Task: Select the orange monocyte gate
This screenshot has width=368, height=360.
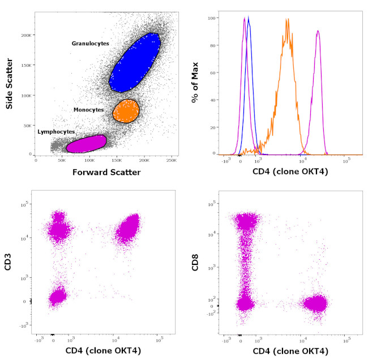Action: point(125,111)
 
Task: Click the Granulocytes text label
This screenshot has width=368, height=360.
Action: point(90,43)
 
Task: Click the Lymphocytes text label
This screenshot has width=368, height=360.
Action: point(56,131)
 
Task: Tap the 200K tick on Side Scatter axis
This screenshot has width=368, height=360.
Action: point(25,35)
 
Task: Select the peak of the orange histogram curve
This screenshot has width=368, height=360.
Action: point(288,20)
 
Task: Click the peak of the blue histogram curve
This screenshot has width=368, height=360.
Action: point(249,17)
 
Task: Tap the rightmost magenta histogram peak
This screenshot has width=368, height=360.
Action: point(318,31)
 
